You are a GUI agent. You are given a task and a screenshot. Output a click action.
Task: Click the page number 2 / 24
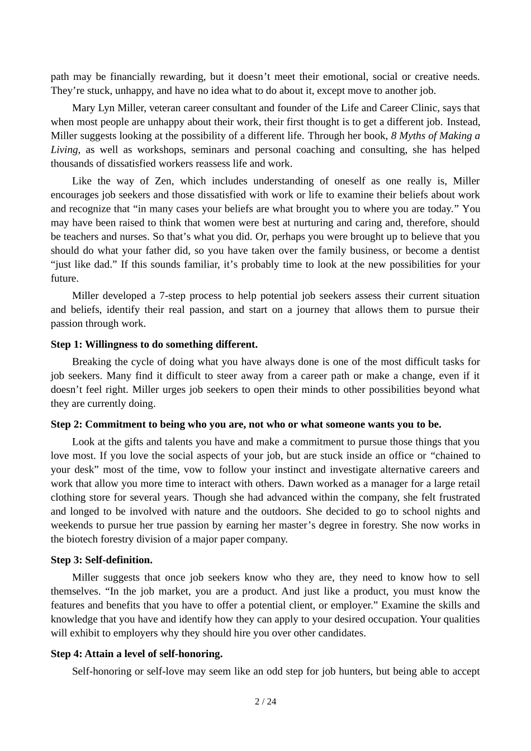pos(265,701)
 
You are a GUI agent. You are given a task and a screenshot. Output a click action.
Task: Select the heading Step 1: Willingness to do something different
pos(154,344)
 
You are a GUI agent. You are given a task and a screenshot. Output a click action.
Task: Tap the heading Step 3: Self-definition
pos(101,560)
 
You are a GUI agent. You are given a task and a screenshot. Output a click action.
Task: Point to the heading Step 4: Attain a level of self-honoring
pos(136,654)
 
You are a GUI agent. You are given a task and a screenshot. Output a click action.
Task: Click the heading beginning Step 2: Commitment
pos(246,424)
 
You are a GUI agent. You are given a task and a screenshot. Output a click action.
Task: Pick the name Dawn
pos(300,483)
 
